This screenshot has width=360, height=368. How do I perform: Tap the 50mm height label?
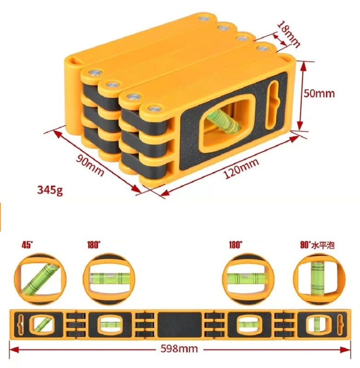pyautogui.click(x=319, y=94)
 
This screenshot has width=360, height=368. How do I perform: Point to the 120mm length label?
pyautogui.click(x=241, y=168)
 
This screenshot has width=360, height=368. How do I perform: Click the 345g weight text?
pyautogui.click(x=50, y=190)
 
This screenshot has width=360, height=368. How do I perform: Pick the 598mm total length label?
pyautogui.click(x=179, y=349)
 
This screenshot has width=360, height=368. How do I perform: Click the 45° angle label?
pyautogui.click(x=27, y=245)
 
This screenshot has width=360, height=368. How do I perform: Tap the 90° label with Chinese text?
pyautogui.click(x=317, y=245)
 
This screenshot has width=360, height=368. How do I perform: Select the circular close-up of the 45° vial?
pyautogui.click(x=40, y=279)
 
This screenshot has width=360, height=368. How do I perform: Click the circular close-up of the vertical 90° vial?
pyautogui.click(x=319, y=279)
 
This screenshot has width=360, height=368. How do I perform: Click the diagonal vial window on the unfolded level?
pyautogui.click(x=42, y=324)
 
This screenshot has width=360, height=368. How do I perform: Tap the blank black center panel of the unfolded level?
pyautogui.click(x=180, y=325)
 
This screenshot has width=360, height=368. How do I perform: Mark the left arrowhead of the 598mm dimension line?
pyautogui.click(x=14, y=350)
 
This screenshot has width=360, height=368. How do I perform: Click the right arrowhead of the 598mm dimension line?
pyautogui.click(x=346, y=350)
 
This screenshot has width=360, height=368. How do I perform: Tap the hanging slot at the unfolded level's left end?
pyautogui.click(x=21, y=324)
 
